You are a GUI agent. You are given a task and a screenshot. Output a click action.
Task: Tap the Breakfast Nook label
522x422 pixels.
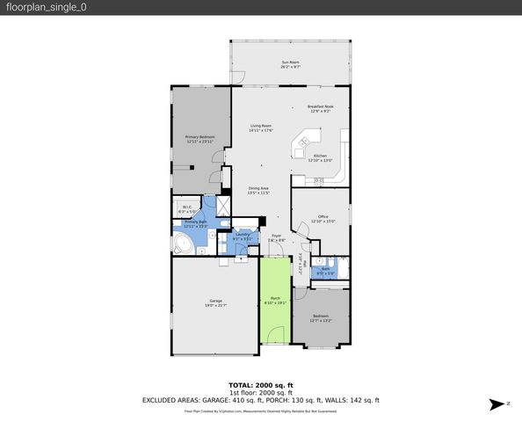pyautogui.click(x=320, y=108)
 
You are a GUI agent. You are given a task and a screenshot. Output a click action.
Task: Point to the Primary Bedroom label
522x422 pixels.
pyautogui.click(x=200, y=139)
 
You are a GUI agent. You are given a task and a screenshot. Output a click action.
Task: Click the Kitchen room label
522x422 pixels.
pyautogui.click(x=321, y=158)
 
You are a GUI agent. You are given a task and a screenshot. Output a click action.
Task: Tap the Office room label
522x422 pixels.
pyautogui.click(x=323, y=219)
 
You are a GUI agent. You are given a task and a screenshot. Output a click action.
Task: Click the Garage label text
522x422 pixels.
pyautogui.click(x=215, y=303)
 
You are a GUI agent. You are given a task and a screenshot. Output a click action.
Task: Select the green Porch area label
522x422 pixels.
pyautogui.click(x=274, y=302)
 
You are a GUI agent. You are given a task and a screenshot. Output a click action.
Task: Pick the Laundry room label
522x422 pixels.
pyautogui.click(x=242, y=236)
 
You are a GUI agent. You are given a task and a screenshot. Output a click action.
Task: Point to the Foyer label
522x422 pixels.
pyautogui.click(x=275, y=237)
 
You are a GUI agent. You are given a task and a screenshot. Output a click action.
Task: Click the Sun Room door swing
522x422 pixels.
pyautogui.click(x=237, y=77)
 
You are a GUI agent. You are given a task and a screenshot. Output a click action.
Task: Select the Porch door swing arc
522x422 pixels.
pyautogui.click(x=276, y=335)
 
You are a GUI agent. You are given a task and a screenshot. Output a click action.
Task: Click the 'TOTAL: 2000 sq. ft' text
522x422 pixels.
pyautogui.click(x=260, y=385)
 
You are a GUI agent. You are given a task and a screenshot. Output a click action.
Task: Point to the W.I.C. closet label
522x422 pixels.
pyautogui.click(x=186, y=210)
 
